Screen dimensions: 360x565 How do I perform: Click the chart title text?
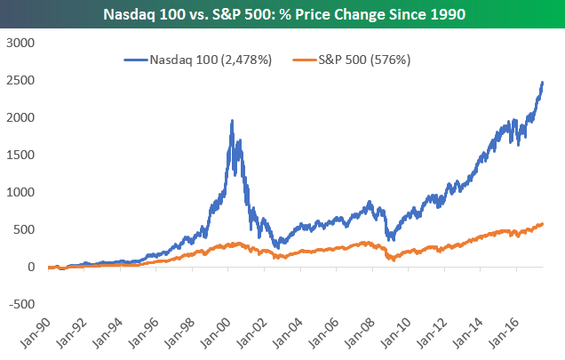pos(282,14)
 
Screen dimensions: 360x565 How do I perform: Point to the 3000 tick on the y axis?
pos(19,43)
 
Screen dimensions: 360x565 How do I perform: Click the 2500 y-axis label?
pos(19,80)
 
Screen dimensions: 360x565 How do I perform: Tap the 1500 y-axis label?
pos(19,155)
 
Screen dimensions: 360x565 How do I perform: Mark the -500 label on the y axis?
pos(19,304)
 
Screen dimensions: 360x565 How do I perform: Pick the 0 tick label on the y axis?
pos(28,267)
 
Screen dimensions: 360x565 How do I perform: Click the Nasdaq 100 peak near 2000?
pos(232,121)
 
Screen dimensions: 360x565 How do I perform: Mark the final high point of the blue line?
pos(543,82)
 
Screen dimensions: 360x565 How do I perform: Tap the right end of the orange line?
pos(543,223)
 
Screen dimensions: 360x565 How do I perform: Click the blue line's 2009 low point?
pos(391,240)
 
